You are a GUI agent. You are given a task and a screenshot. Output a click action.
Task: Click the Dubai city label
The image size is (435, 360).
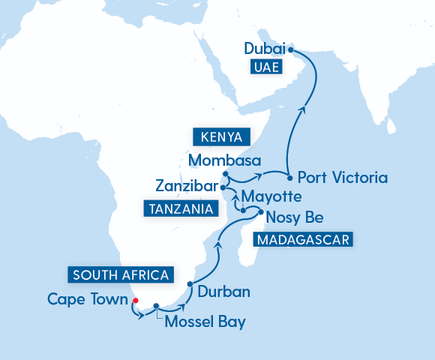264,49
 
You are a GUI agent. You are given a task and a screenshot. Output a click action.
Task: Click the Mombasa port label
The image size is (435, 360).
224,160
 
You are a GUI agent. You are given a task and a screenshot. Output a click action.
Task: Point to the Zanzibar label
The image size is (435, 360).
187,184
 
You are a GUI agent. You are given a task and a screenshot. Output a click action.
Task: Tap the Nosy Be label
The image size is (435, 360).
295,218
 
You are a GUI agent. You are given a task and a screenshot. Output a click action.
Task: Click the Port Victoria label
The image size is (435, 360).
342,178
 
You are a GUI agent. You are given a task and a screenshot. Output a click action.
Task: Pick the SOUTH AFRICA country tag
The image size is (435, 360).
121,274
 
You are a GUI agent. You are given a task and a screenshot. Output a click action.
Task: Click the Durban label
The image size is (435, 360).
223,291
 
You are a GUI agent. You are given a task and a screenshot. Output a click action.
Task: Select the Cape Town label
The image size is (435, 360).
87,299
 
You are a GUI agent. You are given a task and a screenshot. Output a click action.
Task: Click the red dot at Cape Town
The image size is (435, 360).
135,301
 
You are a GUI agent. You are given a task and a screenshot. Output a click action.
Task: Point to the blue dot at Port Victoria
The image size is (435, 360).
289,178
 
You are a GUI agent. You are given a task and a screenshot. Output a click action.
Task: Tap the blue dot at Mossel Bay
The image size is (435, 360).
156,306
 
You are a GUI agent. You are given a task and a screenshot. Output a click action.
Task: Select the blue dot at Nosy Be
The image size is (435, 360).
260,213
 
